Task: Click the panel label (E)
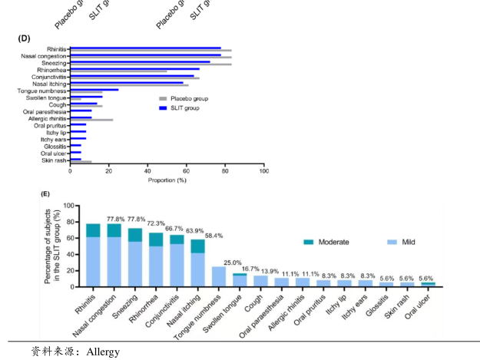pos(45,194)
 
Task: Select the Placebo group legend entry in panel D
pos(184,98)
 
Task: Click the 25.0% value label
pos(233,263)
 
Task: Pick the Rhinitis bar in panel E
pos(93,255)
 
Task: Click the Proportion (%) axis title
pos(167,180)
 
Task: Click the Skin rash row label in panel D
pos(54,160)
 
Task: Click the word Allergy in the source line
pos(103,352)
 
